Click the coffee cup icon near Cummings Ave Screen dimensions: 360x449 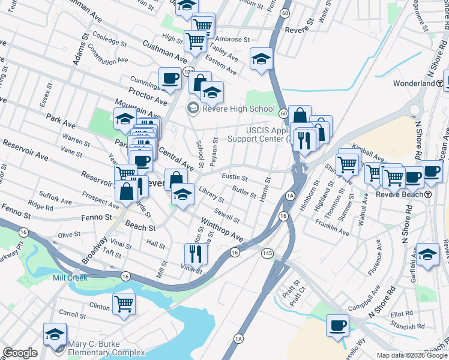tap(170, 78)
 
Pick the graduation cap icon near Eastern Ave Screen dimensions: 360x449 tap(261, 58)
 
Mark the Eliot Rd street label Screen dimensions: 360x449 tap(401, 313)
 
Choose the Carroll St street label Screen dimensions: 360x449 tap(73, 314)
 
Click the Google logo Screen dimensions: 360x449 tap(20, 353)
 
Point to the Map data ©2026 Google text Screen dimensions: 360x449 tap(412, 355)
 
